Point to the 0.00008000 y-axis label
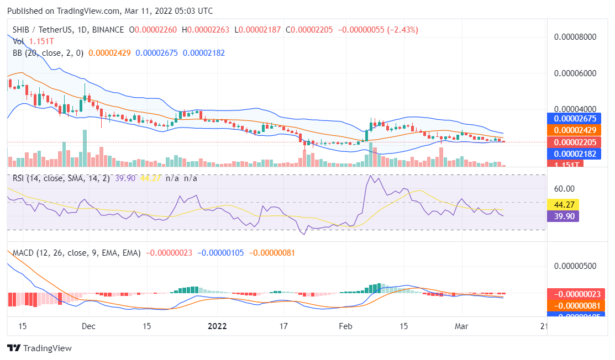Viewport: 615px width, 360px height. tap(575, 37)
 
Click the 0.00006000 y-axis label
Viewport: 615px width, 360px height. tap(575, 73)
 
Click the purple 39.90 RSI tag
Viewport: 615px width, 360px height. tap(563, 216)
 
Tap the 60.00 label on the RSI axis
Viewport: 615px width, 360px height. tap(565, 188)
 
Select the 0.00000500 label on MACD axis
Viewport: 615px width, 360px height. tap(575, 266)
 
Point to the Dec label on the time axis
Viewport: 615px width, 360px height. tap(88, 326)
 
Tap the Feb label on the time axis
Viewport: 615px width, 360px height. tap(345, 326)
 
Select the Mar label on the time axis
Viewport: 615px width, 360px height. tap(461, 326)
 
